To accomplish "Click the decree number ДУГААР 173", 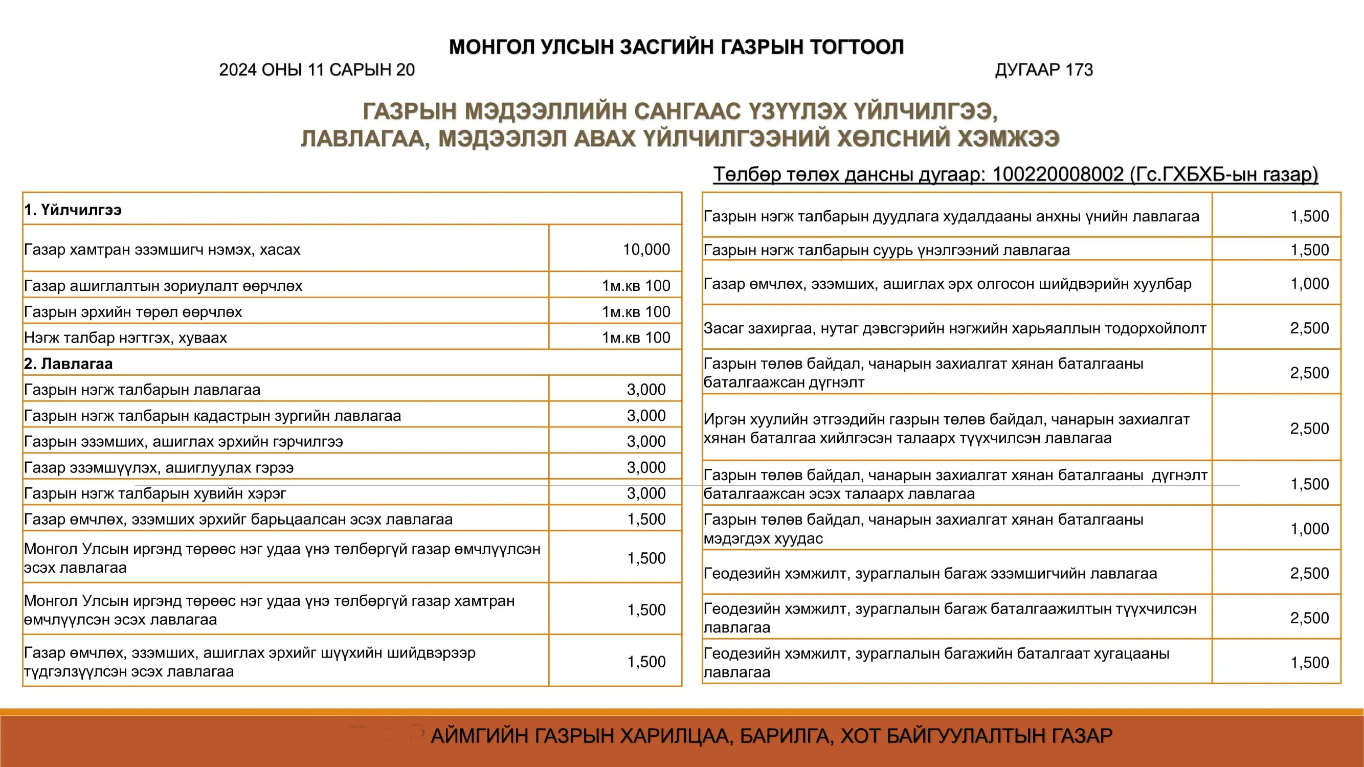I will [x=1044, y=70].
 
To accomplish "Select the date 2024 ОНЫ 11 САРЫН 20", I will [x=317, y=70].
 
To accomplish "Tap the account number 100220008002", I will [x=1058, y=174].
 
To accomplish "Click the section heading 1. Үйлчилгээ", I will [x=73, y=210].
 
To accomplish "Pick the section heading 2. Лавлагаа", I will [x=69, y=364].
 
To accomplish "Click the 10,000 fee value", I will [x=646, y=250].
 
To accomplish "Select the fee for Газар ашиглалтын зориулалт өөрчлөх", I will [x=635, y=286].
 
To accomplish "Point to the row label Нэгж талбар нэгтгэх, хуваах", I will [x=125, y=337].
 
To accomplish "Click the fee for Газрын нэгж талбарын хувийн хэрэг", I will [x=646, y=493].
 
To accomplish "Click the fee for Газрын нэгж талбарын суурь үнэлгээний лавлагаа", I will [x=1309, y=250].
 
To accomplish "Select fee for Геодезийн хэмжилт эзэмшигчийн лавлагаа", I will [x=1309, y=573].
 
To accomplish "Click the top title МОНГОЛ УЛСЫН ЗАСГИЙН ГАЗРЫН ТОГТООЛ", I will [x=676, y=47].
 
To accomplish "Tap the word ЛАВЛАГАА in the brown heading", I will [x=365, y=139].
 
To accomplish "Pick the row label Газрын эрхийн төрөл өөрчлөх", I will [x=133, y=312].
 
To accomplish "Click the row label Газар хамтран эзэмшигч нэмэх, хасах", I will [x=162, y=250].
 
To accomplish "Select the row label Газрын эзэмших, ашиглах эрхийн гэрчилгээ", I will [x=183, y=441].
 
